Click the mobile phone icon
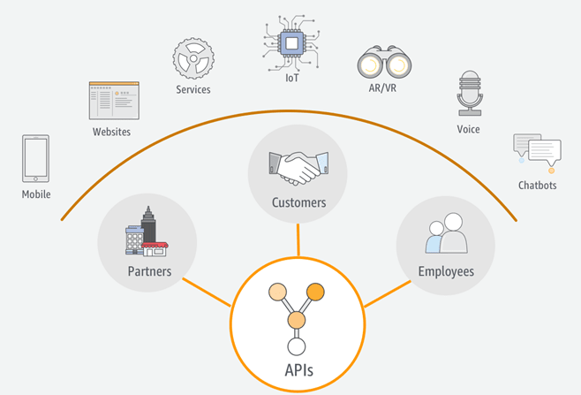[x=35, y=159]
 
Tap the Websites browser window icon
[x=114, y=102]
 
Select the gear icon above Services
[x=192, y=59]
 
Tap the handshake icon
[x=298, y=165]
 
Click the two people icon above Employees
[x=446, y=233]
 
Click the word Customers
[x=298, y=202]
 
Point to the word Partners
[x=148, y=271]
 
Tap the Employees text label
[x=446, y=271]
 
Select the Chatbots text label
[x=538, y=185]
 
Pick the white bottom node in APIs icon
[x=297, y=346]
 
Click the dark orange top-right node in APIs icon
[x=315, y=292]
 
